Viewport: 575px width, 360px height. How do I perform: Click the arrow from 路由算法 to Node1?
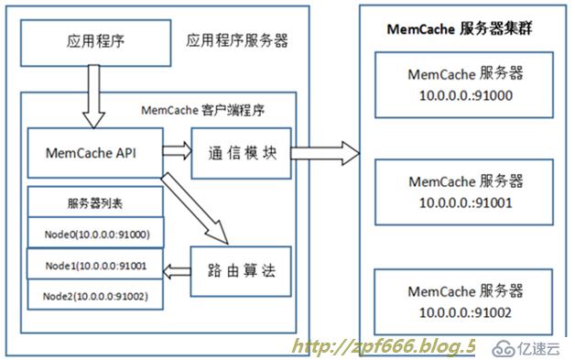coord(178,269)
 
